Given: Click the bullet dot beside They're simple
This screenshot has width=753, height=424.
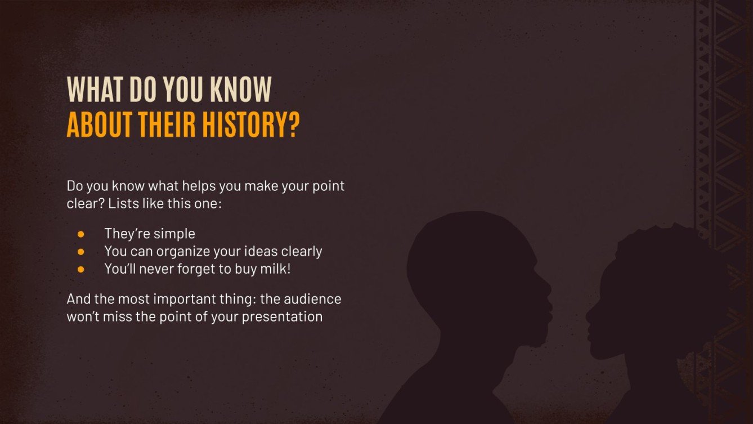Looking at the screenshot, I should pos(80,233).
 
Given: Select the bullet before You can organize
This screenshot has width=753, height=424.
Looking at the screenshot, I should pos(80,251).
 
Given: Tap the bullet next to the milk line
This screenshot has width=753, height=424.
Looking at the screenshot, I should pos(80,269).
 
